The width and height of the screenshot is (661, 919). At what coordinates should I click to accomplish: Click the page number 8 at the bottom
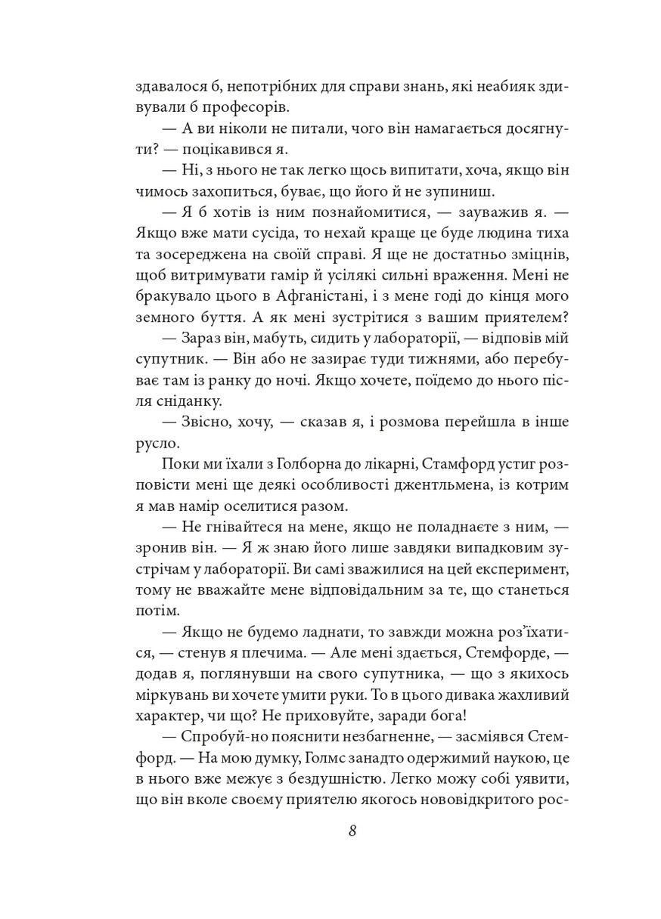352,831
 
